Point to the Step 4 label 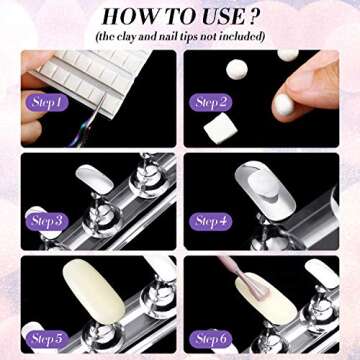pyautogui.click(x=209, y=221)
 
